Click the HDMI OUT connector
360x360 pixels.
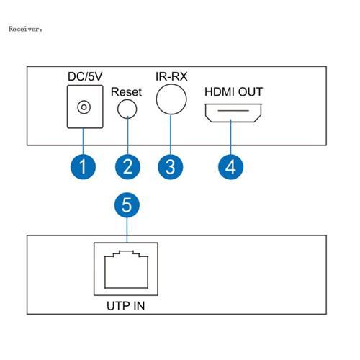(x=230, y=114)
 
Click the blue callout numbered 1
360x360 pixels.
(x=84, y=167)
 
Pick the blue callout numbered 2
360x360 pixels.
(x=127, y=167)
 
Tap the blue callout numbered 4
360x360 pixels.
(x=230, y=167)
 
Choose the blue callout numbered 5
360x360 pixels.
(x=127, y=207)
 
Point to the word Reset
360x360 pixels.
(x=127, y=92)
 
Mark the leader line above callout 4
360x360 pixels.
(x=230, y=140)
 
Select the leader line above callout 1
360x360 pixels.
(x=84, y=140)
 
